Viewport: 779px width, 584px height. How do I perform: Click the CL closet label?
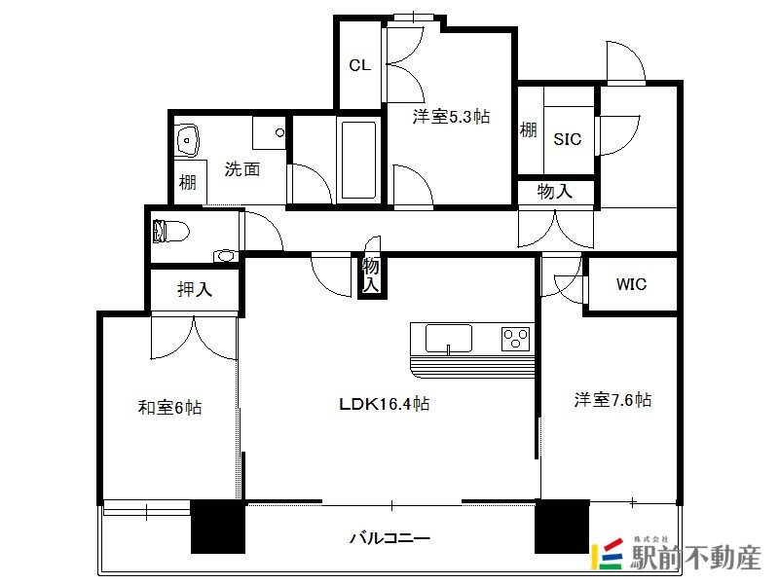(359, 65)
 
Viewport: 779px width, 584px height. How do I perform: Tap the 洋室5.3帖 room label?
(451, 117)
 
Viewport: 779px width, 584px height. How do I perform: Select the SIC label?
(568, 139)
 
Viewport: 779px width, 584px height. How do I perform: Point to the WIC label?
(631, 284)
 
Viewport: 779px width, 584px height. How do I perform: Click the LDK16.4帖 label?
(384, 404)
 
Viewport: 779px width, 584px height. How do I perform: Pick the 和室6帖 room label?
(169, 407)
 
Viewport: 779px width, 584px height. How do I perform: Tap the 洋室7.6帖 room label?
(612, 399)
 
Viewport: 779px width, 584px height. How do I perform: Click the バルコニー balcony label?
(389, 538)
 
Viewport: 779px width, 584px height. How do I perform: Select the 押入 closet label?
(195, 289)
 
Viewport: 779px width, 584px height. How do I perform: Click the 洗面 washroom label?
(241, 168)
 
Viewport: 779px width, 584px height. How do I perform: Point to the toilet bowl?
(171, 232)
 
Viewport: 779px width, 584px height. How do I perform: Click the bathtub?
(358, 160)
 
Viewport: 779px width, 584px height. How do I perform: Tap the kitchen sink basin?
(449, 339)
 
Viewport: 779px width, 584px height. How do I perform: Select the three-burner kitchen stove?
(515, 339)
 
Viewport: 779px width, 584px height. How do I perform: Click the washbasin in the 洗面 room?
(187, 139)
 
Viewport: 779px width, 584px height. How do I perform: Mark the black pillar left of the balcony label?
(218, 527)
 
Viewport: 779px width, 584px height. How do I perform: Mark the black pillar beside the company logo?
(562, 527)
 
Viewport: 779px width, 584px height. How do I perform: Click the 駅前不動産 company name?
(695, 558)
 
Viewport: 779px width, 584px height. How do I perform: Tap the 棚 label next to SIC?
(529, 130)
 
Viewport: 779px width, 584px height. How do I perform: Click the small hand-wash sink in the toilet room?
(225, 256)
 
